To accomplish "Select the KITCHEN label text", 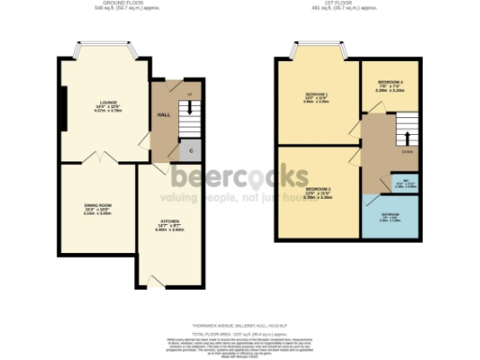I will pos(169,222).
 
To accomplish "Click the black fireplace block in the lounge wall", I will pos(62,108).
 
